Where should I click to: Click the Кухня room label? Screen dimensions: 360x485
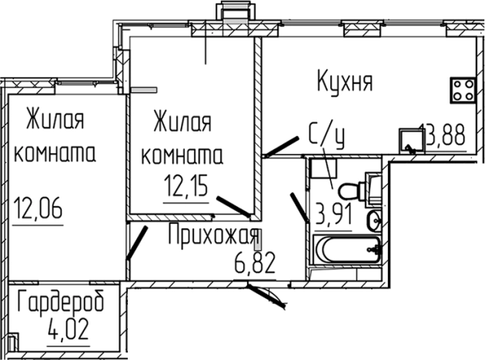pos(345,80)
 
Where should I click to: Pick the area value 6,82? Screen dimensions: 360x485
pos(253,265)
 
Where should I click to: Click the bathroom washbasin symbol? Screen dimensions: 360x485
pos(374,221)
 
